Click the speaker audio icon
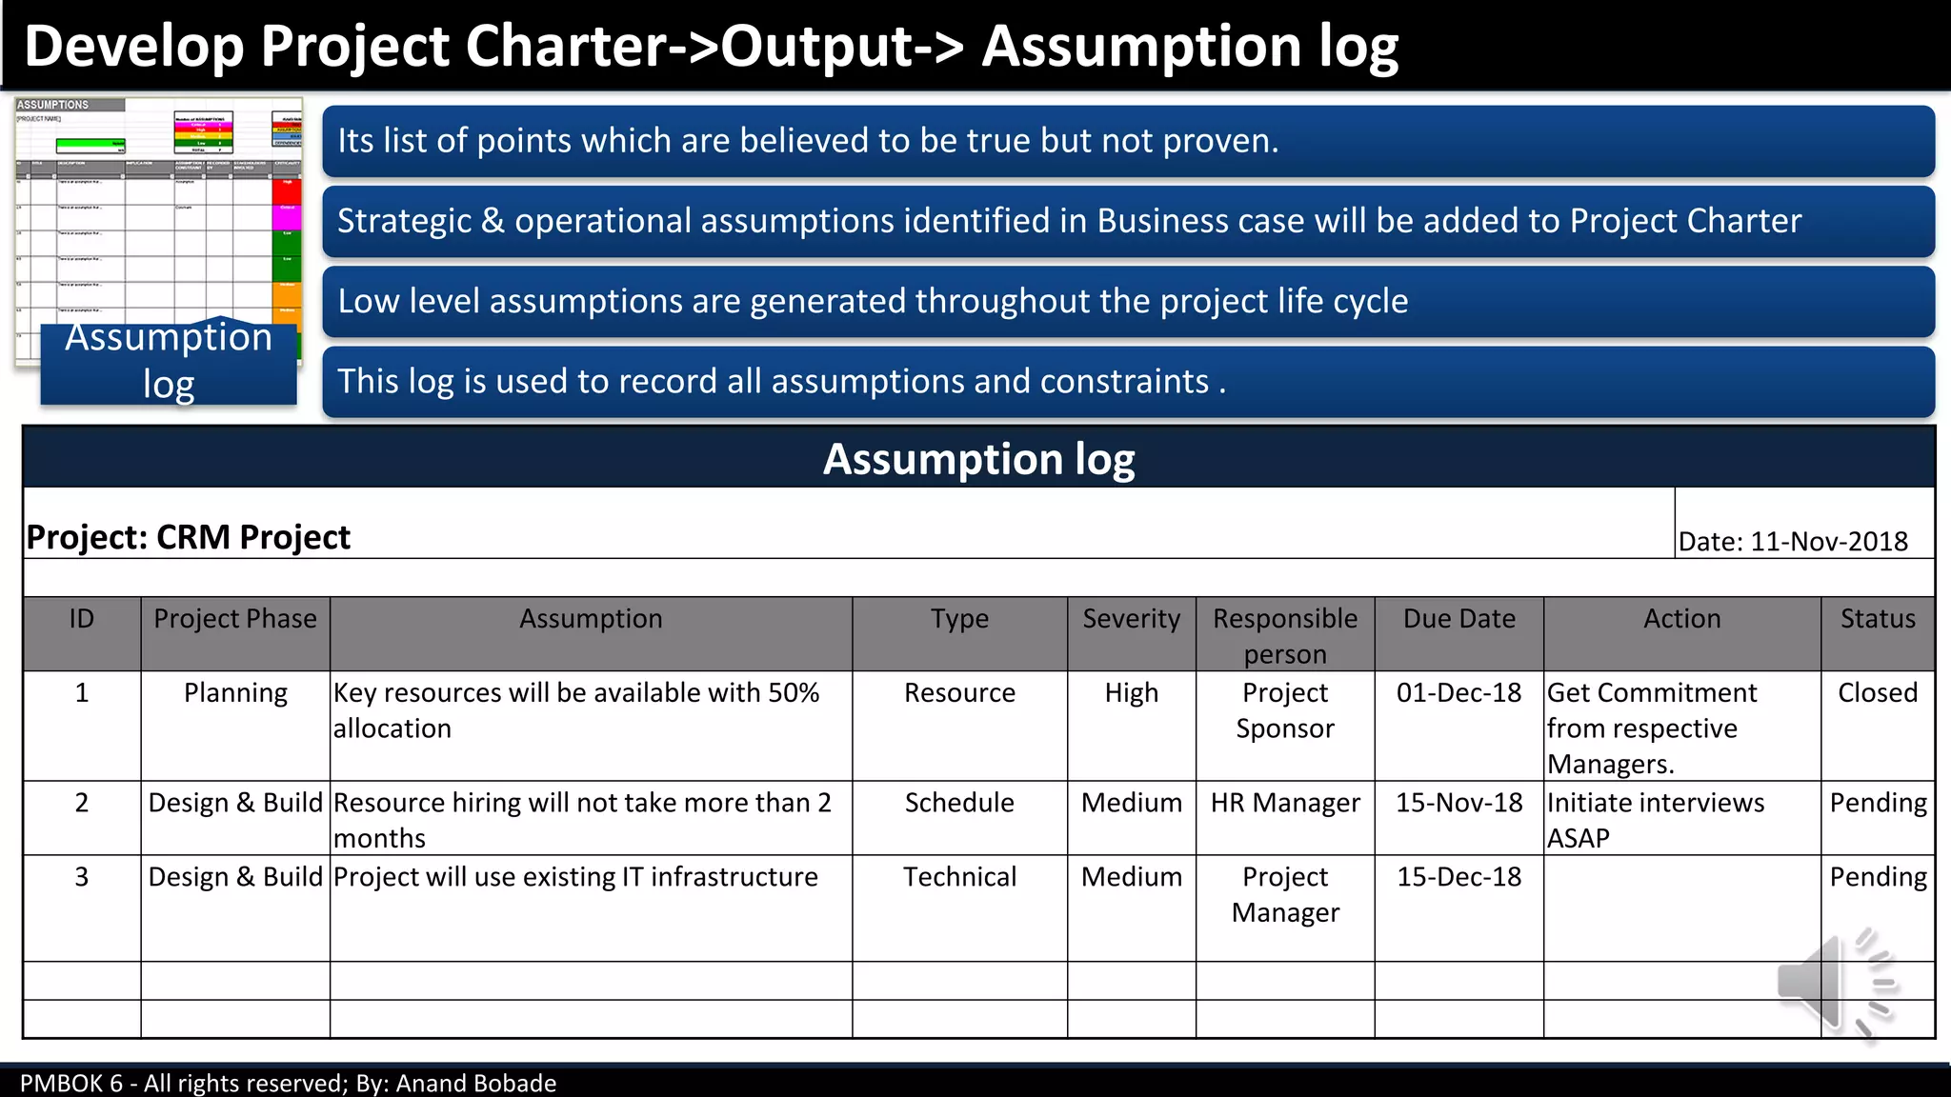tap(1837, 983)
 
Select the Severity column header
tap(1131, 619)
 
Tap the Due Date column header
tap(1458, 619)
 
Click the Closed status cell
tap(1877, 693)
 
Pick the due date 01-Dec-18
tap(1458, 693)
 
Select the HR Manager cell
tap(1285, 803)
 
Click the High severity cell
tap(1131, 693)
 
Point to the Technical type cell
tap(959, 877)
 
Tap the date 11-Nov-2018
tap(1828, 542)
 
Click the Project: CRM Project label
tap(189, 538)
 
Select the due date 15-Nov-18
tap(1458, 803)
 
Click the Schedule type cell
tap(959, 803)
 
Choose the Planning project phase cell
tap(235, 693)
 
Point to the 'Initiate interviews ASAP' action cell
tap(1655, 820)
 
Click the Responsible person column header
tap(1285, 635)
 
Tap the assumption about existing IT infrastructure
tap(575, 877)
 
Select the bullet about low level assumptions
tap(872, 302)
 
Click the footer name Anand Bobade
tap(475, 1084)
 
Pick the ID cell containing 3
tap(82, 877)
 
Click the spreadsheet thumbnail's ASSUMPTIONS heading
tap(53, 105)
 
